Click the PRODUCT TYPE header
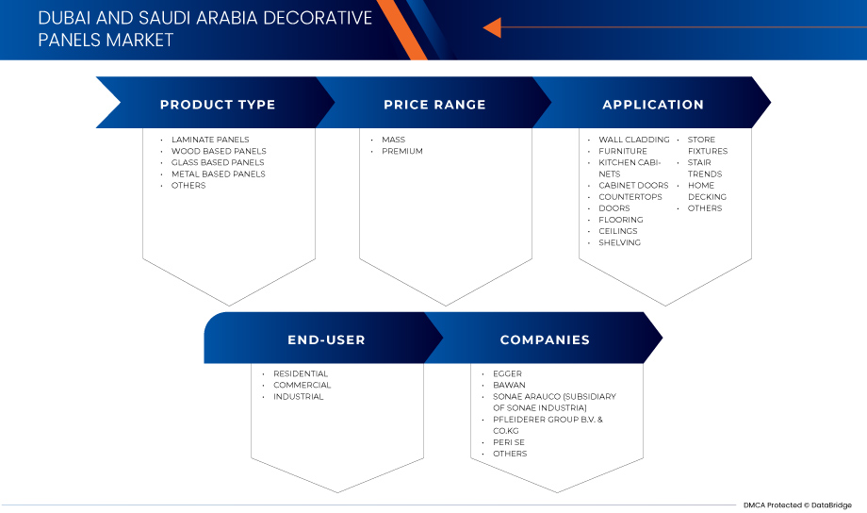coord(218,105)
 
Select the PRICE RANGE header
coord(434,105)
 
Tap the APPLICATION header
coord(653,105)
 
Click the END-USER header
coord(326,339)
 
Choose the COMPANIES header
coord(545,339)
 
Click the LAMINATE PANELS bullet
coord(210,140)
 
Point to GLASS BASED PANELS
coord(218,162)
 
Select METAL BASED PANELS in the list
coord(218,174)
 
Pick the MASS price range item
coord(393,140)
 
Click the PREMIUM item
coord(402,151)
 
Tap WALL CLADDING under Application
coord(633,140)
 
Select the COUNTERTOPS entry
coord(630,197)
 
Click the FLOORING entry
coord(621,220)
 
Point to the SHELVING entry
coord(619,242)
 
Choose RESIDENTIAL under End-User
coord(301,373)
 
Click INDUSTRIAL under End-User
coord(299,396)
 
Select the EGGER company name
coord(507,373)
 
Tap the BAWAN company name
coord(509,385)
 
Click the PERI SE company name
coord(510,442)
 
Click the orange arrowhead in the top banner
coord(491,29)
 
